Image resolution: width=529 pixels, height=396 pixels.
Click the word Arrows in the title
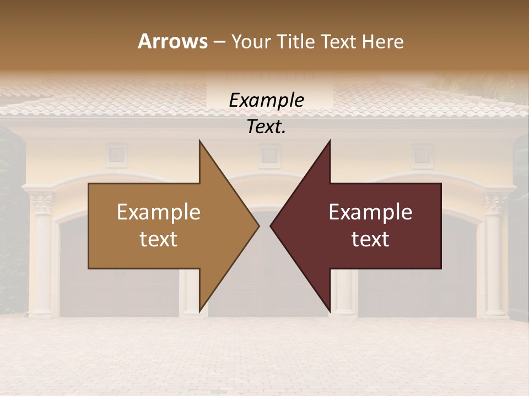[x=172, y=41]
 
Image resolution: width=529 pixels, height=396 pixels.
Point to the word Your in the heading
[x=251, y=42]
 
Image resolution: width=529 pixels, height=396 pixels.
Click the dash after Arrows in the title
[x=219, y=42]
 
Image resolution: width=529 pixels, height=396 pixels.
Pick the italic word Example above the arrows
[x=266, y=101]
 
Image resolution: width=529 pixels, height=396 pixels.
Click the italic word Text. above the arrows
[x=266, y=127]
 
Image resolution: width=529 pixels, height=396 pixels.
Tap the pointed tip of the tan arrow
[x=258, y=226]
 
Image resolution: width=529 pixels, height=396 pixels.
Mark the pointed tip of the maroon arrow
[x=272, y=226]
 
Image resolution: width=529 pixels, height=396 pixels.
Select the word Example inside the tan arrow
[x=159, y=212]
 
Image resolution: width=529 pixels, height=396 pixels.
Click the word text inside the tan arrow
[x=159, y=239]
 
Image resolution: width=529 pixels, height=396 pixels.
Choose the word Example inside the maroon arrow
[x=370, y=212]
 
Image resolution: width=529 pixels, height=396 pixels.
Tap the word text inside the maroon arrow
[x=370, y=239]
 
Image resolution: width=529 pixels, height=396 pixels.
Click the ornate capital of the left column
[x=42, y=202]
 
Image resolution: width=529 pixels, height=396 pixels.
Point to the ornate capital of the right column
[x=495, y=202]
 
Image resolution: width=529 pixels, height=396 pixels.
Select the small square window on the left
[x=116, y=155]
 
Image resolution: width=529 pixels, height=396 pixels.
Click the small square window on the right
[x=423, y=155]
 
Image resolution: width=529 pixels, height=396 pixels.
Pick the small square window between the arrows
[x=269, y=155]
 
